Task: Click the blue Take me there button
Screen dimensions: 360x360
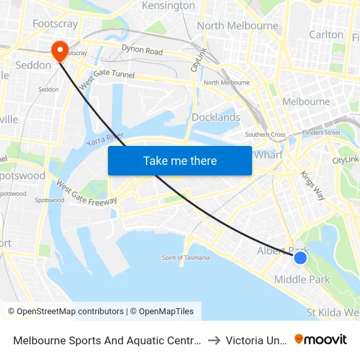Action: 179,160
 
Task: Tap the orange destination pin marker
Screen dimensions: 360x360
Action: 58,50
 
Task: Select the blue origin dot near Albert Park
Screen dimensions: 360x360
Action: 300,258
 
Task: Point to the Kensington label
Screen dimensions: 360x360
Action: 168,6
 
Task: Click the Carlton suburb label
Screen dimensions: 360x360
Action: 326,35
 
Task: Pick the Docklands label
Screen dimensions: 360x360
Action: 216,118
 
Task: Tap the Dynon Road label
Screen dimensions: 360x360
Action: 142,50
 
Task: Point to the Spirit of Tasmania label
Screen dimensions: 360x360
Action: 186,257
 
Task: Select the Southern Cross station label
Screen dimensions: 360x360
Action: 265,135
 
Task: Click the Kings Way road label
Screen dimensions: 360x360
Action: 312,185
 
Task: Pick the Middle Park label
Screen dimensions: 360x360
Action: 302,279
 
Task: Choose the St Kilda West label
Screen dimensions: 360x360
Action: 333,312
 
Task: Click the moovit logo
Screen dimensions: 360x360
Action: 321,339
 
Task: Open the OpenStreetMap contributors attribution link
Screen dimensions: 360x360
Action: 65,312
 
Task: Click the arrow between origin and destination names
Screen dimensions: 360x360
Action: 214,340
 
